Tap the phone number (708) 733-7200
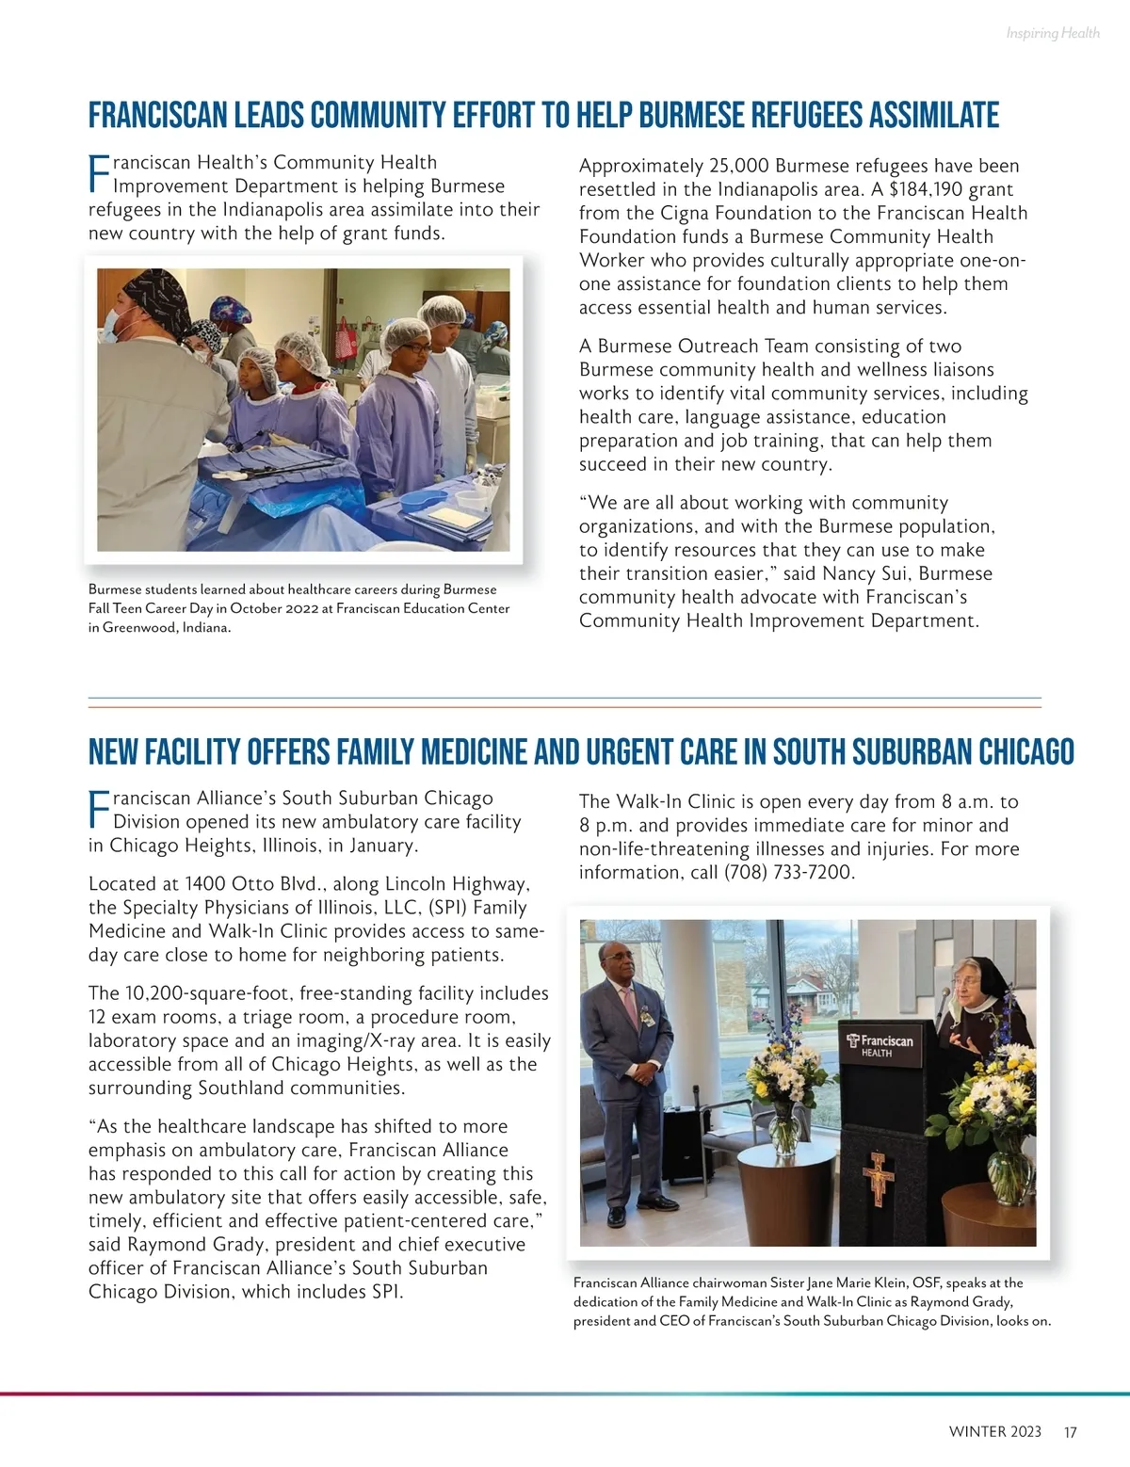pos(788,873)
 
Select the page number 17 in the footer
pos(1070,1432)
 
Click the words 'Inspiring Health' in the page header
pos(1052,34)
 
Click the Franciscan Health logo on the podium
pos(880,1045)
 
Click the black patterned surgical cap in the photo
pos(155,292)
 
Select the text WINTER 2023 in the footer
pos(994,1432)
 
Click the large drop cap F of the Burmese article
pos(99,174)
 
